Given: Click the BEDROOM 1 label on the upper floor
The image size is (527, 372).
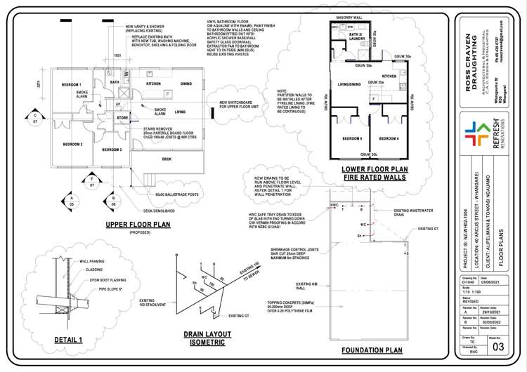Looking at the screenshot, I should pos(71,84).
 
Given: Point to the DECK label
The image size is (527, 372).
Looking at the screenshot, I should pos(167,159).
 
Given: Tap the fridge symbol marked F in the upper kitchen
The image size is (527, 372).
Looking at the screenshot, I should pos(167,94).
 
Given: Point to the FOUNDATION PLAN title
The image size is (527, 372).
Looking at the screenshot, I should pos(371,350).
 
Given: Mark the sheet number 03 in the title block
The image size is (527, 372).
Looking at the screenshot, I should pos(500,346).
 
